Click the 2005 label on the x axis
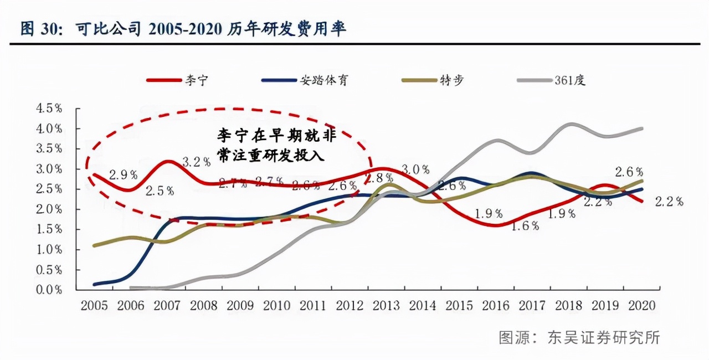pos(94,306)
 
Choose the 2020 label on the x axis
pos(643,306)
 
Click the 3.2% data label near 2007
pos(197,162)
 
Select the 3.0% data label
pos(415,169)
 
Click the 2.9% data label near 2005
pos(123,175)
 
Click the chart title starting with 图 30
pos(183,29)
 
